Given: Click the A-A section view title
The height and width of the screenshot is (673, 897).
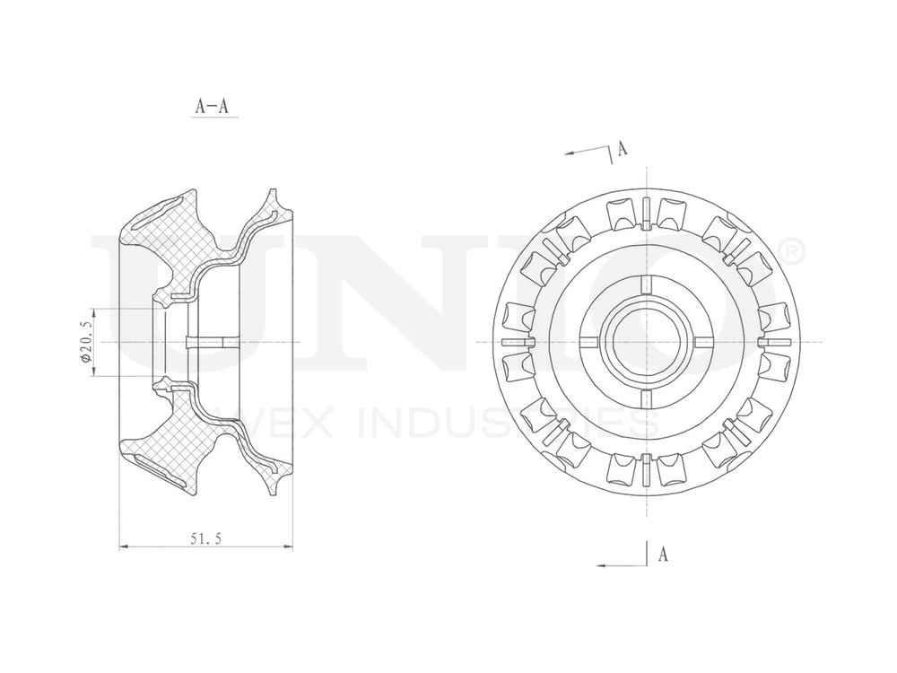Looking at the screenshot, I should coord(212,106).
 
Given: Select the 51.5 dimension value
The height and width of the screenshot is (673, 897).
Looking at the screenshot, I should coord(205,538).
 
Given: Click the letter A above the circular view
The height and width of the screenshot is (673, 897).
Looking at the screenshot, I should coord(622,148).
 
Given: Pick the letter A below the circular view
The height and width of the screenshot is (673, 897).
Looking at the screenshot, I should coord(662,554).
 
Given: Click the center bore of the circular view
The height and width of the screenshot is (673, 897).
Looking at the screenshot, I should coord(645,343).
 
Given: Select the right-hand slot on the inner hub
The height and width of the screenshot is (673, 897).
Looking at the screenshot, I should coord(702,343).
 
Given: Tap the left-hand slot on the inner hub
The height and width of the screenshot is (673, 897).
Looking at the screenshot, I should coord(588,343).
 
